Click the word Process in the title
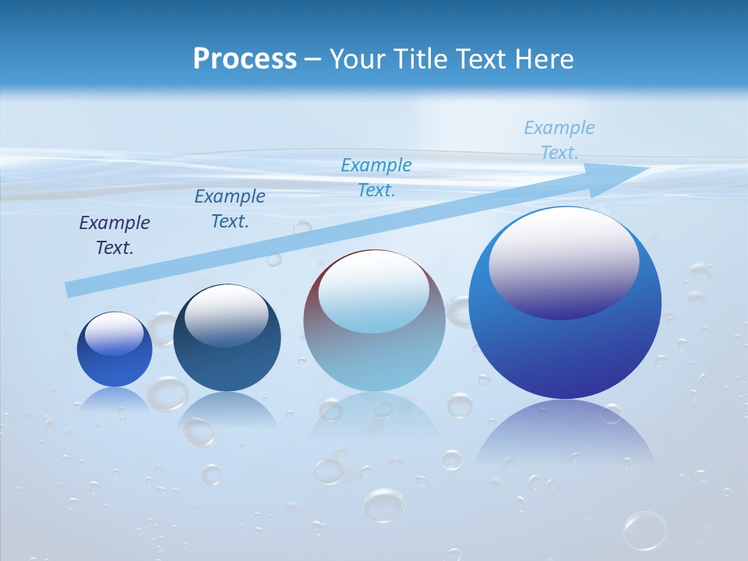(245, 59)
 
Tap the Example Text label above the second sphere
(230, 209)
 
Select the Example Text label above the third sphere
(376, 178)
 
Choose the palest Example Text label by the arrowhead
(559, 140)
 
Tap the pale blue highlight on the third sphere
(373, 293)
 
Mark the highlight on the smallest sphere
(114, 333)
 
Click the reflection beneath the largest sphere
(565, 436)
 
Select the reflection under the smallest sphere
(115, 399)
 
